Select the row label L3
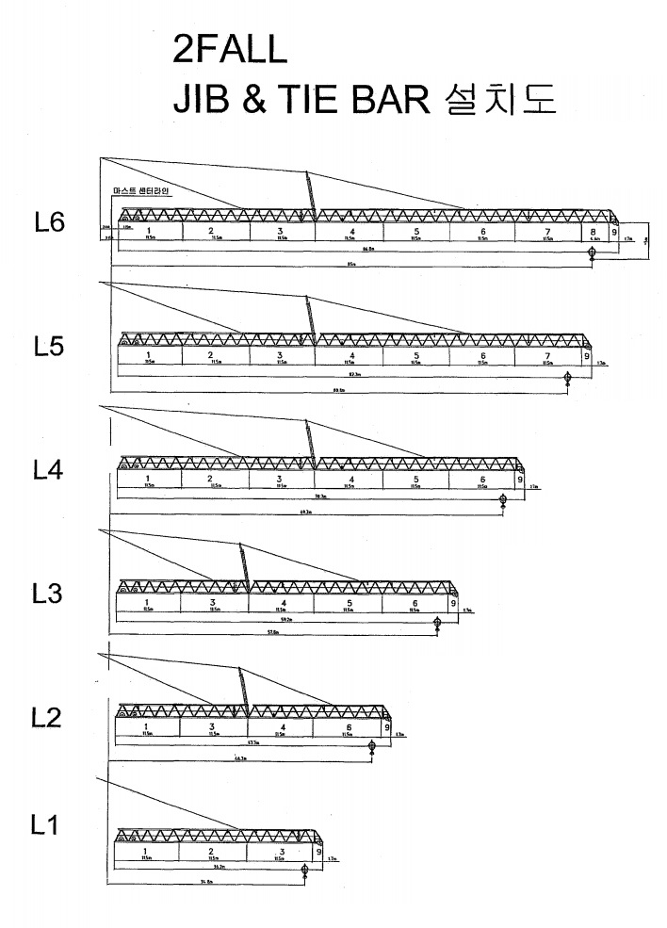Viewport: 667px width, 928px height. pos(47,594)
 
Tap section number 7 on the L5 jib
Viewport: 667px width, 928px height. pos(548,354)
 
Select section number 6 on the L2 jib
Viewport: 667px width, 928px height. pos(349,726)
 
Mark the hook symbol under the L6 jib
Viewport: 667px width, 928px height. pos(592,253)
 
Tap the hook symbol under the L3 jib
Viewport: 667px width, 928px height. pos(437,622)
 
